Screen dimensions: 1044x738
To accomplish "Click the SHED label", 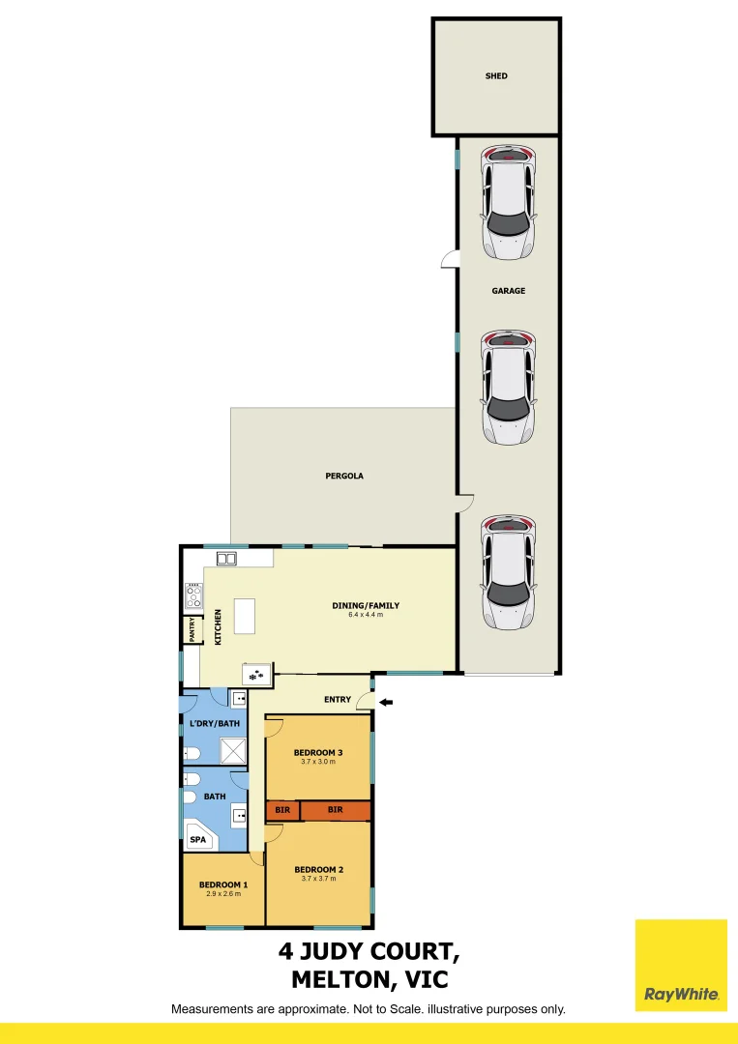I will point(496,75).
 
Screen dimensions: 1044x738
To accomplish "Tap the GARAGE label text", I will point(508,290).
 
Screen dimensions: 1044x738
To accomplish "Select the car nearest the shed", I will point(509,202).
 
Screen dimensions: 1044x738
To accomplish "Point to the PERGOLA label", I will point(344,477).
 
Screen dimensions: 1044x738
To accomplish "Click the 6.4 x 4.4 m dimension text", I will point(366,615).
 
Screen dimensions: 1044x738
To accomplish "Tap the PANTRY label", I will point(192,629).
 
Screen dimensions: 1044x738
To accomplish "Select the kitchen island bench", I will point(246,616).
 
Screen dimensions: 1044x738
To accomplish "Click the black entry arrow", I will point(385,702).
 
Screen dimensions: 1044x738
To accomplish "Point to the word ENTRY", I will point(338,699).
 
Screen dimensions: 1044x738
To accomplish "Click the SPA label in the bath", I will point(197,840).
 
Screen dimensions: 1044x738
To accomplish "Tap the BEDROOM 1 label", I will point(223,884).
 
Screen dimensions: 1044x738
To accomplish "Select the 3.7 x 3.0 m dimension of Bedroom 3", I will point(319,762).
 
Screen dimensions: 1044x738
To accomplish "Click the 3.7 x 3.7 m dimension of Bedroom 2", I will point(319,879).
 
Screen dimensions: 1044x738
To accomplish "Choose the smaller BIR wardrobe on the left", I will point(282,810).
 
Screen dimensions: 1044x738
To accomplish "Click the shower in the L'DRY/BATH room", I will point(234,751).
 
